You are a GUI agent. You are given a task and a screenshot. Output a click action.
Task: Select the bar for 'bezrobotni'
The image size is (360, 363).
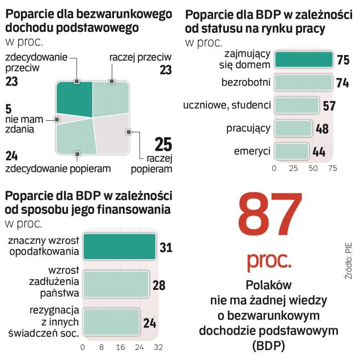coord(303,83)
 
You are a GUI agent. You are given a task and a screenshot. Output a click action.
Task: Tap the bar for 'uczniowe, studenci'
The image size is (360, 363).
coord(296,105)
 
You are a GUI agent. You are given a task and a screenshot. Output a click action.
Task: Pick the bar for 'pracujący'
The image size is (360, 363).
coord(293,128)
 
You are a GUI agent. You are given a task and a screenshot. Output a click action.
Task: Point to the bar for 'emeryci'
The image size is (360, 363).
coord(291,151)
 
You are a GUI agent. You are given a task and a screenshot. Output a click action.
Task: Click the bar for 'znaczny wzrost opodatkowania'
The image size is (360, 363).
coord(118,248)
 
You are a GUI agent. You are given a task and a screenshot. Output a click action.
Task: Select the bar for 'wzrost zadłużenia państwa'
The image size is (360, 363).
coord(116,285)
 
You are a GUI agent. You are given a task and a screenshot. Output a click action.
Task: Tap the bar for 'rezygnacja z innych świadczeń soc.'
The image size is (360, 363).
coord(111,322)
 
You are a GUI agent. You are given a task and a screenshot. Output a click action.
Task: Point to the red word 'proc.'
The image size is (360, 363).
coord(269,260)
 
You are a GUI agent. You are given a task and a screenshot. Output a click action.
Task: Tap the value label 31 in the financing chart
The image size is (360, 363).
coord(166,248)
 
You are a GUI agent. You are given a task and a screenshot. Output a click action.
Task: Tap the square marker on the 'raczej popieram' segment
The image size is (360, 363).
coord(129,132)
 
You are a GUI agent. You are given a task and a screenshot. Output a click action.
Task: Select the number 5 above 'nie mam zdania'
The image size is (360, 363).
coord(9,109)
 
